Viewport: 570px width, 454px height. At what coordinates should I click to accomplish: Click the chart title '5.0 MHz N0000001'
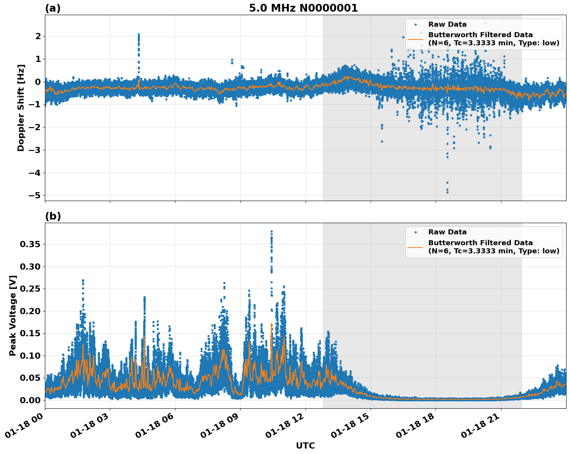[303, 8]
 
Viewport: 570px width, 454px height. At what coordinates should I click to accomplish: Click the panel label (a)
[53, 8]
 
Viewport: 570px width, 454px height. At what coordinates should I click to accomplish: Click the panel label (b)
[53, 216]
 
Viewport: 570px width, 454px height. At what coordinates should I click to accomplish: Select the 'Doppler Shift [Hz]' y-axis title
[21, 108]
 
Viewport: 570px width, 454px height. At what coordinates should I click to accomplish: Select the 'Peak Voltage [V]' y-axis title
[13, 315]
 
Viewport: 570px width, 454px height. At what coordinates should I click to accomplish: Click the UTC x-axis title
[305, 445]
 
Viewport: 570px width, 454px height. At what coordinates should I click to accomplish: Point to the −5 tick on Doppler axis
[34, 195]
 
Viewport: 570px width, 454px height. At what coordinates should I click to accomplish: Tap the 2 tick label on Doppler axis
[38, 36]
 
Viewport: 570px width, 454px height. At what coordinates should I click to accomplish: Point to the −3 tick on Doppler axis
[34, 150]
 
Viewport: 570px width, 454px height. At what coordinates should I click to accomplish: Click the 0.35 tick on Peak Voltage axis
[30, 244]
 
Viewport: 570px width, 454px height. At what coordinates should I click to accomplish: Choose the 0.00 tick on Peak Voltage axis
[30, 400]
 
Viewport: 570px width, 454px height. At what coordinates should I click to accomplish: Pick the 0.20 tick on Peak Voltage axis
[30, 311]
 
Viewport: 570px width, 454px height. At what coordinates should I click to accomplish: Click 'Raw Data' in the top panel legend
[447, 24]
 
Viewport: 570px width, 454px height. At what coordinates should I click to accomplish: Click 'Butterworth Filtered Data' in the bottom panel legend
[480, 243]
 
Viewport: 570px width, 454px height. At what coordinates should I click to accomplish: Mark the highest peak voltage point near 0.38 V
[271, 232]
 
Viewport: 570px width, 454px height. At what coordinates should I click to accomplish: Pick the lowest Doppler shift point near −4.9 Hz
[447, 192]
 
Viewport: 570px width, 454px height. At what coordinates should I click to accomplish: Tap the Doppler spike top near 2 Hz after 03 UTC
[139, 34]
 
